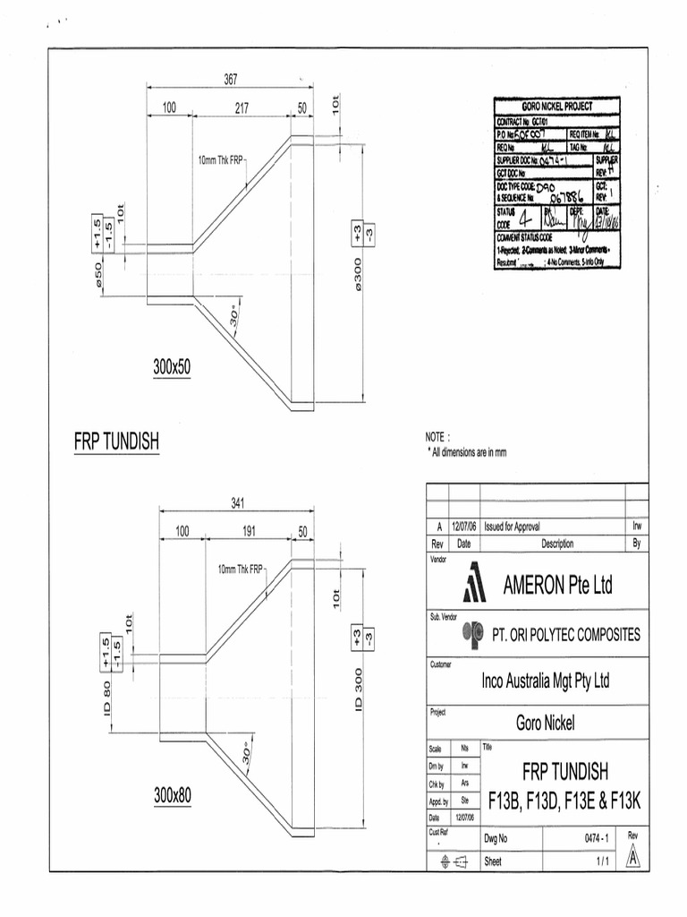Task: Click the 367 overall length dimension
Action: click(x=230, y=81)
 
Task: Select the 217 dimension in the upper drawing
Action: click(x=241, y=108)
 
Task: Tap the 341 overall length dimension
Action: click(x=238, y=502)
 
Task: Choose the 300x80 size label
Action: click(x=173, y=794)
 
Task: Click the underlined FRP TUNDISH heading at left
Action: click(x=116, y=442)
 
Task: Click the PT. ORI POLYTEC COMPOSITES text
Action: click(x=566, y=634)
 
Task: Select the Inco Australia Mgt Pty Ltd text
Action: click(x=546, y=681)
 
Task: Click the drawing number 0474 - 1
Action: click(x=595, y=838)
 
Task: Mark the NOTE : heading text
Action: click(x=437, y=437)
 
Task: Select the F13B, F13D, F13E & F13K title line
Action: click(x=565, y=798)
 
